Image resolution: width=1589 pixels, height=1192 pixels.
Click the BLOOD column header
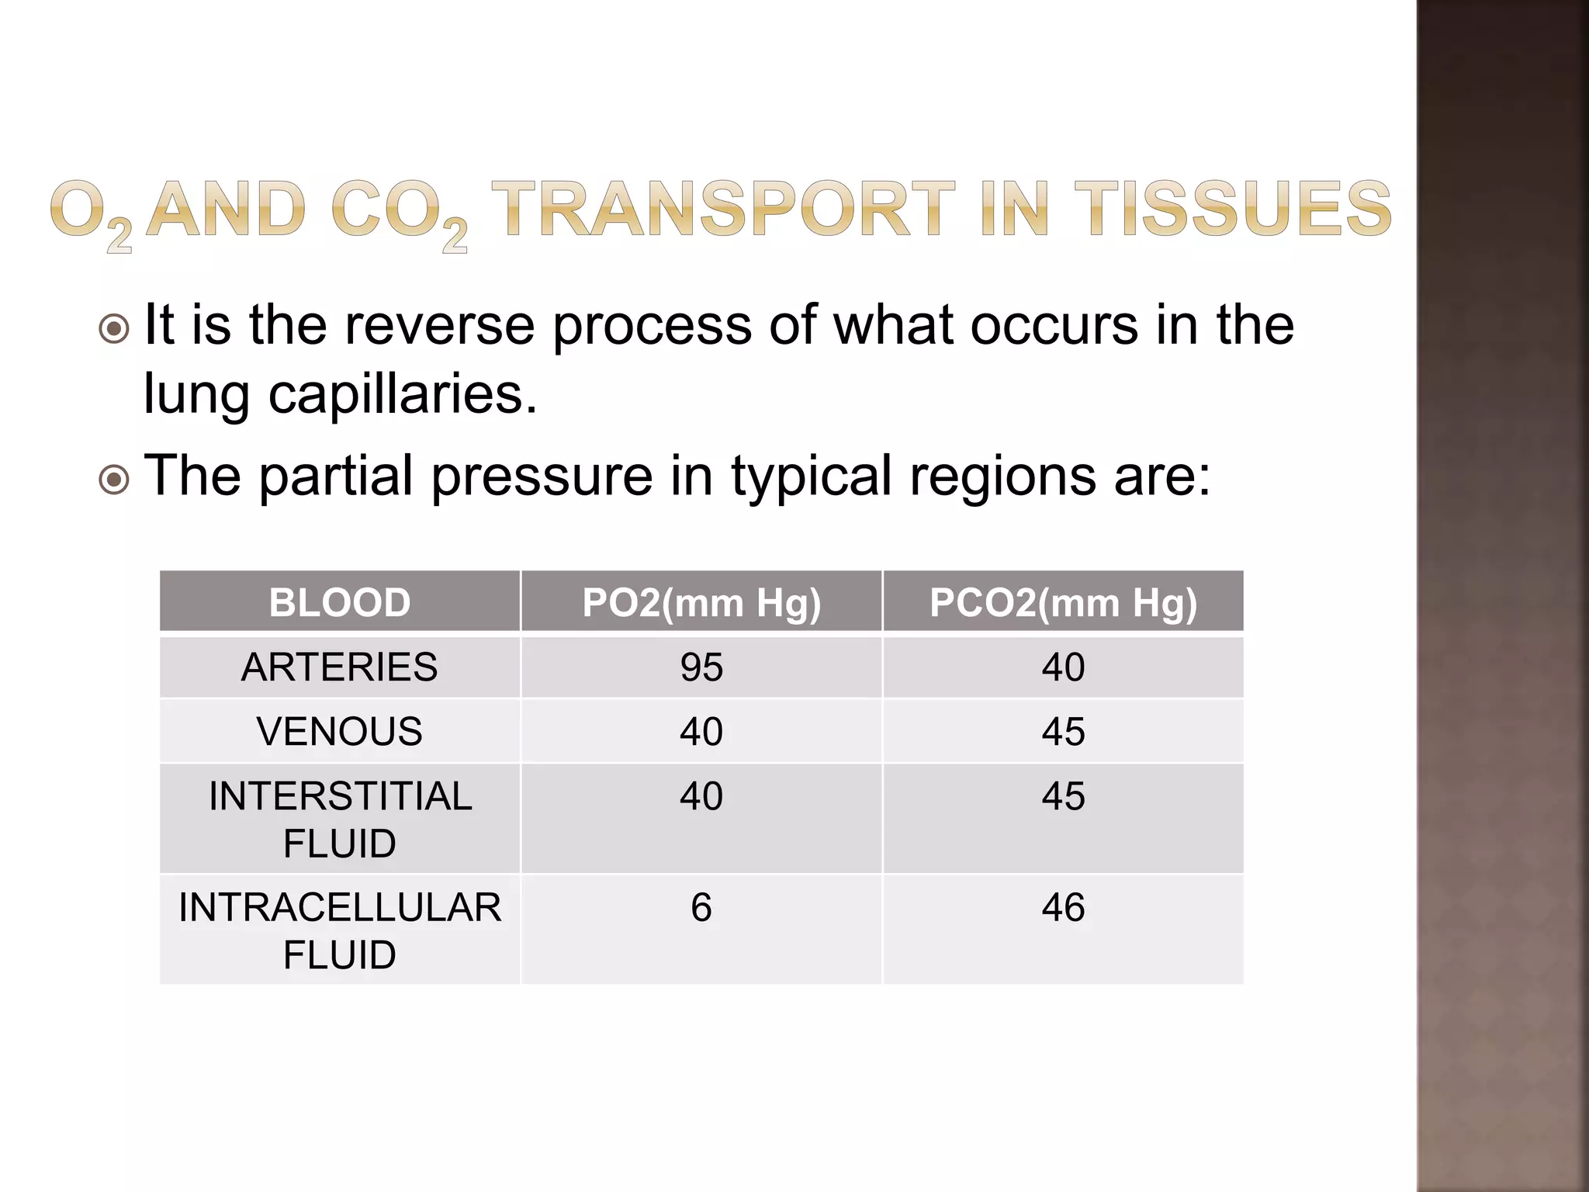(x=339, y=602)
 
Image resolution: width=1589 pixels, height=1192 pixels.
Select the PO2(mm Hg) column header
(x=701, y=603)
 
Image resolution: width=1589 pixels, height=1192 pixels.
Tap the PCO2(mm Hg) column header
(x=1063, y=603)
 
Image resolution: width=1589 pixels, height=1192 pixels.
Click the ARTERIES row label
(x=339, y=667)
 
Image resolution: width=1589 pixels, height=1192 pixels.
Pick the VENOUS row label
(x=339, y=732)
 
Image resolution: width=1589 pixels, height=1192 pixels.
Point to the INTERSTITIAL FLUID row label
(x=339, y=819)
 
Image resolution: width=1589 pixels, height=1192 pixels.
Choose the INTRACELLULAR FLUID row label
(x=339, y=930)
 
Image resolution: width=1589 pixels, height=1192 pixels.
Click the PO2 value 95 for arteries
(x=701, y=667)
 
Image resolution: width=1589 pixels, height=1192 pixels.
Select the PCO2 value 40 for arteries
(x=1063, y=667)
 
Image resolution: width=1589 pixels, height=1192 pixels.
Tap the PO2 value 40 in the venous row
(x=701, y=732)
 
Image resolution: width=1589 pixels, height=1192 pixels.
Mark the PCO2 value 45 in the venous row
(x=1063, y=732)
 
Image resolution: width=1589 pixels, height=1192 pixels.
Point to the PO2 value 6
(x=701, y=908)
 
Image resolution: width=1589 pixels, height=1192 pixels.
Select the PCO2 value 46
(x=1063, y=908)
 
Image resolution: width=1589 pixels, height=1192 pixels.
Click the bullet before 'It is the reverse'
(x=115, y=329)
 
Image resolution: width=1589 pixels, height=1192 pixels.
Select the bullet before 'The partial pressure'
(x=115, y=480)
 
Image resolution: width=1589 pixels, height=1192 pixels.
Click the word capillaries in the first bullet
(x=403, y=394)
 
